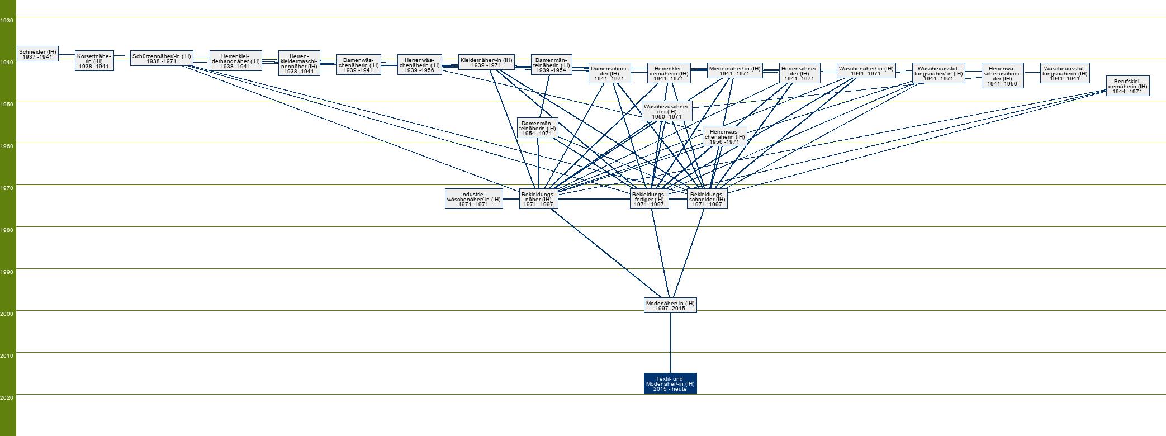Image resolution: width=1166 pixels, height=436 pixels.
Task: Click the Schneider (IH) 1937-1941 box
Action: click(x=37, y=54)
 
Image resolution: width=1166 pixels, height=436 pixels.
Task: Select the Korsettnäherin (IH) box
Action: click(x=94, y=61)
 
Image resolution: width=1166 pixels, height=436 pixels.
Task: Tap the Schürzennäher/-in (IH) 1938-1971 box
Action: click(x=162, y=58)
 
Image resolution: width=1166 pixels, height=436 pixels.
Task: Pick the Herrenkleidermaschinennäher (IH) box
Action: click(x=299, y=63)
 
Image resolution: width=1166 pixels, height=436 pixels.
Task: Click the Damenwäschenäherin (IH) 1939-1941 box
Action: click(x=358, y=65)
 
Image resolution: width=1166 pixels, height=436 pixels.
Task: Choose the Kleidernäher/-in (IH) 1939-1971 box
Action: click(x=486, y=62)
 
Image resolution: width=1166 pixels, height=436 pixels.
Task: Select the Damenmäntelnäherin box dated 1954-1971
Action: click(x=537, y=128)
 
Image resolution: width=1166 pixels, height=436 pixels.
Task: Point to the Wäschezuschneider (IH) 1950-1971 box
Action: click(x=667, y=111)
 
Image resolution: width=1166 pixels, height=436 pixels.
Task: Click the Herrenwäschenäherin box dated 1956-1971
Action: click(x=724, y=136)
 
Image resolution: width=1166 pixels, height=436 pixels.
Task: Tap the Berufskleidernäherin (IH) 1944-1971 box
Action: click(x=1127, y=86)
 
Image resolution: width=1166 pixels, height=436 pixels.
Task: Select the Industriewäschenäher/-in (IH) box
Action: click(x=473, y=199)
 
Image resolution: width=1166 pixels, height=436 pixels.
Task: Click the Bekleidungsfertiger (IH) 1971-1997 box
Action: click(x=648, y=199)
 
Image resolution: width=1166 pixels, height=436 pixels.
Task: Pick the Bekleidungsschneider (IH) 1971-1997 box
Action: click(x=707, y=199)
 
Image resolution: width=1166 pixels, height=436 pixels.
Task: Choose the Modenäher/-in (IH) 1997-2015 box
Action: click(x=670, y=305)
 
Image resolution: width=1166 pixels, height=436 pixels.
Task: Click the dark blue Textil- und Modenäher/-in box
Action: click(x=670, y=383)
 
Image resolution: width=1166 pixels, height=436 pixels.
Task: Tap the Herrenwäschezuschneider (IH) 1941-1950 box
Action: click(x=1002, y=75)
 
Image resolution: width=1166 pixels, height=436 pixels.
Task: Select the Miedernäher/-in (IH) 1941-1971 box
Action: click(x=734, y=70)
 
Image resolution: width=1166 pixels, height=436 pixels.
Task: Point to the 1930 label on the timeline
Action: click(x=7, y=20)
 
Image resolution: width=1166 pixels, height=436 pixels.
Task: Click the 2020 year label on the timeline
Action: click(x=7, y=397)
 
